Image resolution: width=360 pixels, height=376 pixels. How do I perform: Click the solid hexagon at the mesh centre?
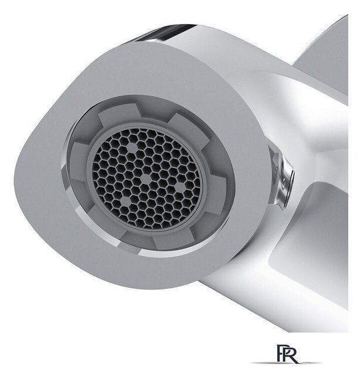[x=146, y=178]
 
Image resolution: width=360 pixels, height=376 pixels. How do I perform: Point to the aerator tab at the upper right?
[x=186, y=127]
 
